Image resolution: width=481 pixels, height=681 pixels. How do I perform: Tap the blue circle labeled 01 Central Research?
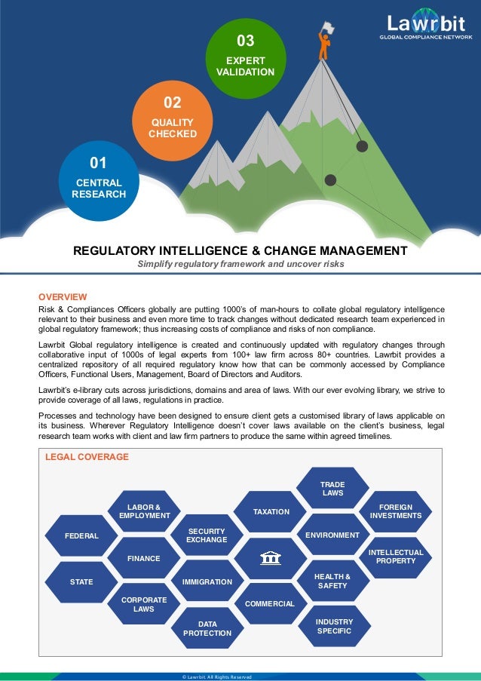99,179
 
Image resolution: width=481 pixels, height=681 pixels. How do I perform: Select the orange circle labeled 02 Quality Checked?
172,118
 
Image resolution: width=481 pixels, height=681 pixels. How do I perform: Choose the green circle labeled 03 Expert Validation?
245,55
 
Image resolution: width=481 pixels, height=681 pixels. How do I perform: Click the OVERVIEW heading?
63,297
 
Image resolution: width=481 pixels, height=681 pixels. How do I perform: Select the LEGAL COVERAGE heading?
87,457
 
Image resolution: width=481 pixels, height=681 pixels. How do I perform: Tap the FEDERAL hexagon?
81,535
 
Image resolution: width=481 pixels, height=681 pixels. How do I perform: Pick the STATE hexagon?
81,582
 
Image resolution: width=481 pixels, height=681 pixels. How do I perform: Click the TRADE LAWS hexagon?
332,488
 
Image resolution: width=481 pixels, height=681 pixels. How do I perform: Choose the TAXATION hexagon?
271,512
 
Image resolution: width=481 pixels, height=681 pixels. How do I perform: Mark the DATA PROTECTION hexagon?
207,629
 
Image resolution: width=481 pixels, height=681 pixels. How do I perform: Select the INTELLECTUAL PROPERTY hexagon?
396,557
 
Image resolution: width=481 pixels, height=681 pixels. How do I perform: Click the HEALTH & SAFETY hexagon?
332,581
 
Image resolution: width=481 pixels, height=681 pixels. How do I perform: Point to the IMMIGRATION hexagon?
207,582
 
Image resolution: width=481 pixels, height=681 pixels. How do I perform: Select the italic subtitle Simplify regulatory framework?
240,265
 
